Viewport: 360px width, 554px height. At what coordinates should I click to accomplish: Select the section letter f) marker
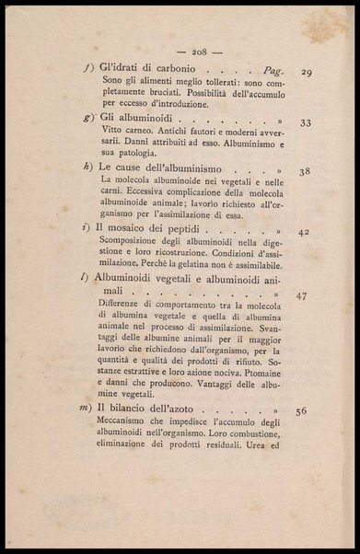click(86, 71)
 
